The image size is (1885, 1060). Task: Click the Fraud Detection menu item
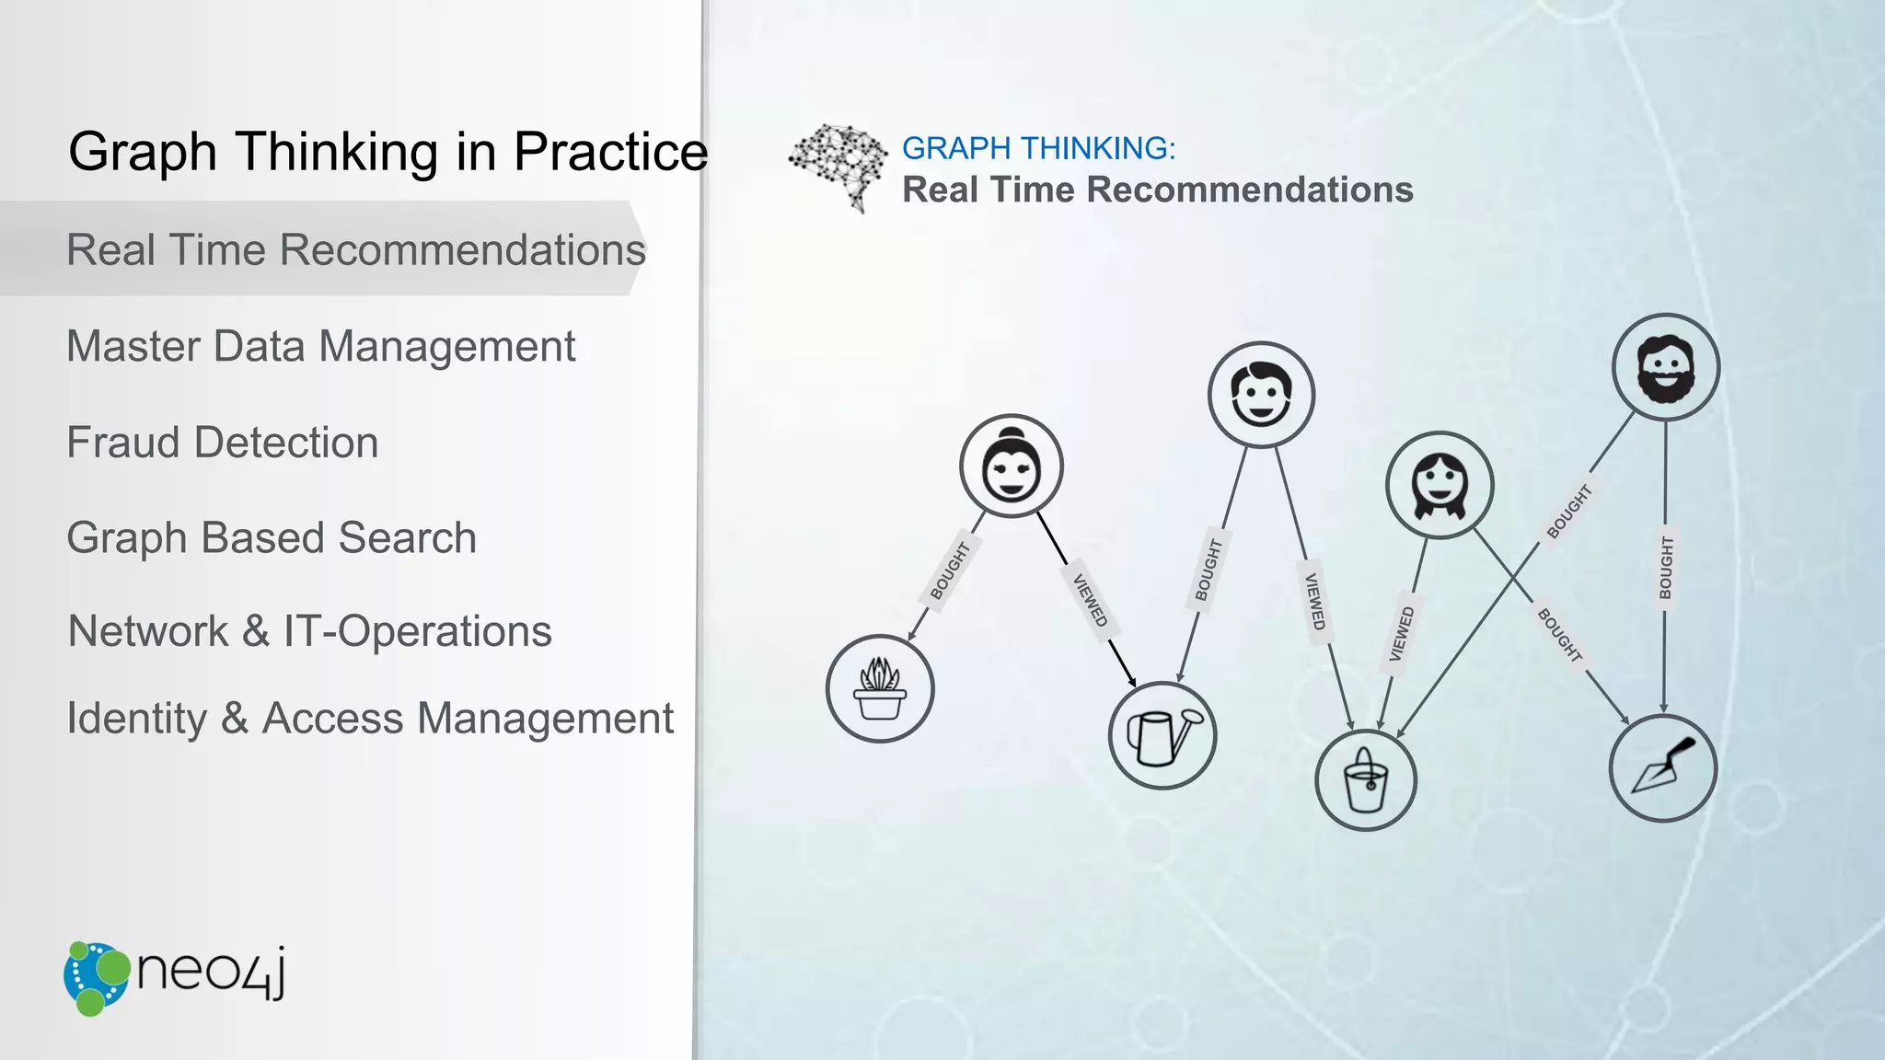pos(222,443)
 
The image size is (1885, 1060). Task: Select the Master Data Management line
pos(320,347)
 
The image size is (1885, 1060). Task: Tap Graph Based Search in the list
pos(272,538)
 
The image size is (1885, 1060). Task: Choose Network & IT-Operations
pos(309,632)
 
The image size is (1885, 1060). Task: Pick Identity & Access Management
pos(370,719)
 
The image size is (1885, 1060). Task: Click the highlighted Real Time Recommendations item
pos(356,250)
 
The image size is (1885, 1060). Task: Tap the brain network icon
pos(838,166)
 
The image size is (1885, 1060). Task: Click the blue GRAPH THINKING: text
pos(1038,148)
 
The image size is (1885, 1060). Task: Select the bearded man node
pos(1665,368)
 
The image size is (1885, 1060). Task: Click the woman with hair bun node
pos(1011,467)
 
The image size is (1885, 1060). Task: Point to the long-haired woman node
pos(1439,485)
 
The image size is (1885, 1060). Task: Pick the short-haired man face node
pos(1261,396)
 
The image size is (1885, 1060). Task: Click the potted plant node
pos(880,688)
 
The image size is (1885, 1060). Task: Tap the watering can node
pos(1162,735)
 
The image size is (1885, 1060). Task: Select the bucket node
pos(1366,780)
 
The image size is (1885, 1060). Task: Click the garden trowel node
pos(1662,768)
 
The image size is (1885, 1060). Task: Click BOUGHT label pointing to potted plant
pos(950,571)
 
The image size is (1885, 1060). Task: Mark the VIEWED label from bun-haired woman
pos(1090,601)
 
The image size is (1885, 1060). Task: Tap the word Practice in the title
pos(610,152)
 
